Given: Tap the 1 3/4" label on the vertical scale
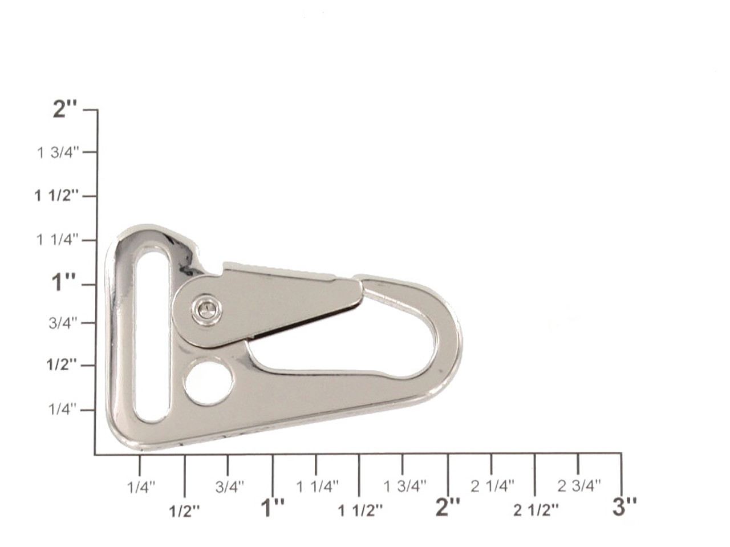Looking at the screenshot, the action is tap(58, 153).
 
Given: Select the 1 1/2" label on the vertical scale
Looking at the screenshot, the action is tap(57, 196).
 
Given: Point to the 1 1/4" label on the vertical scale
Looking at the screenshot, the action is tap(58, 240).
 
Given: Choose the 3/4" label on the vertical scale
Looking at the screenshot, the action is tap(63, 323).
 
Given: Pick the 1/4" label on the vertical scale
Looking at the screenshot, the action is tap(63, 409).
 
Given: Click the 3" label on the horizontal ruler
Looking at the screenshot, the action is tap(624, 507).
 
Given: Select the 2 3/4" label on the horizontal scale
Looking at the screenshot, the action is tap(579, 486).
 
